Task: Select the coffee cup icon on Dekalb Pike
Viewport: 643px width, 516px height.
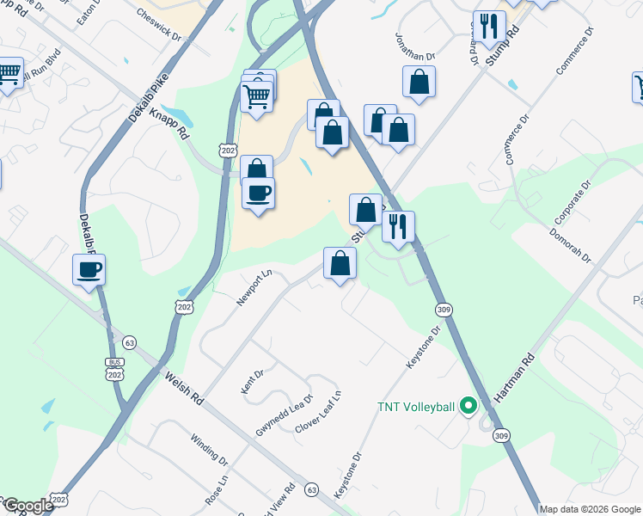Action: [x=89, y=271]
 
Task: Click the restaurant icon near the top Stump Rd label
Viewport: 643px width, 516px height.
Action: [x=488, y=26]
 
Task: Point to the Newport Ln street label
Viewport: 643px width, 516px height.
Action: [x=254, y=288]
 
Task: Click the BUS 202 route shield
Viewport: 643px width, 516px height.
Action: [x=113, y=369]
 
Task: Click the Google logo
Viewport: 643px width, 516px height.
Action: [x=28, y=506]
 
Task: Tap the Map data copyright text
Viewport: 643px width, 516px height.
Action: [x=591, y=508]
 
